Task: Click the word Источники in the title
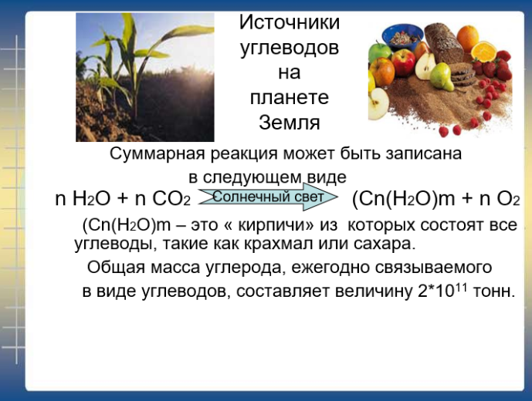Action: (x=290, y=22)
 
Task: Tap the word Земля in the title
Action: (x=290, y=122)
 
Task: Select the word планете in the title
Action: (x=290, y=98)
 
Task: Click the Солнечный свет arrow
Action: (x=268, y=197)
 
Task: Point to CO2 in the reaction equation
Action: (x=171, y=199)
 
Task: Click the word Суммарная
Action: (x=157, y=154)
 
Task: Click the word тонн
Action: (x=493, y=291)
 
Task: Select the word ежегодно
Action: (x=330, y=268)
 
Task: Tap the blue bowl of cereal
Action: (x=402, y=36)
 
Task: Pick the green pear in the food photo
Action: (x=442, y=76)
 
